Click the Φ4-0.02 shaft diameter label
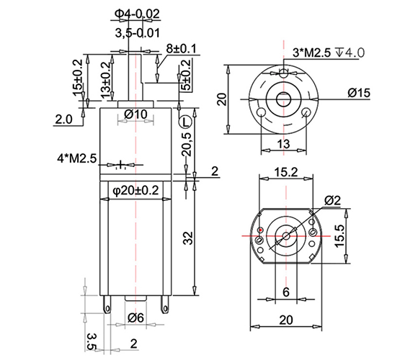(137, 14)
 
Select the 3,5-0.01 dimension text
(137, 33)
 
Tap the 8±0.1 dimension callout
(181, 49)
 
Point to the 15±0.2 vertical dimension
(78, 77)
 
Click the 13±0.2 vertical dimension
(106, 80)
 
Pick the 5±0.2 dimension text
(186, 75)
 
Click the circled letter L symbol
(185, 122)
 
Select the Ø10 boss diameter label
(135, 114)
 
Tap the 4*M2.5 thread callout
(77, 158)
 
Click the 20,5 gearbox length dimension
(187, 144)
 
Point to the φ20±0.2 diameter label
(135, 190)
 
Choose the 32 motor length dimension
(189, 238)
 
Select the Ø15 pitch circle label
(359, 93)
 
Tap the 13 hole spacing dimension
(283, 144)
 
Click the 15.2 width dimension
(286, 172)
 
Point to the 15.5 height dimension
(340, 236)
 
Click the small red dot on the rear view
(260, 230)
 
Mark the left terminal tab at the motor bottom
(107, 305)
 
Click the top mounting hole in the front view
(284, 73)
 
